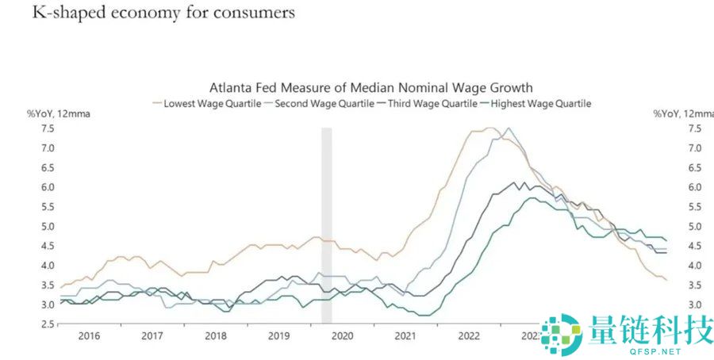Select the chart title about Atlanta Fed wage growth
point(370,87)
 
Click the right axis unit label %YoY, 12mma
point(682,113)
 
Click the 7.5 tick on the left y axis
point(47,128)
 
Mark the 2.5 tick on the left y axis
point(47,324)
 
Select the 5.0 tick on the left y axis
point(47,227)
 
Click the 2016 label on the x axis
point(89,336)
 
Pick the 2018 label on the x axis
point(215,336)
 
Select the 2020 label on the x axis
point(341,336)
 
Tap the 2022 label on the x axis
point(468,336)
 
